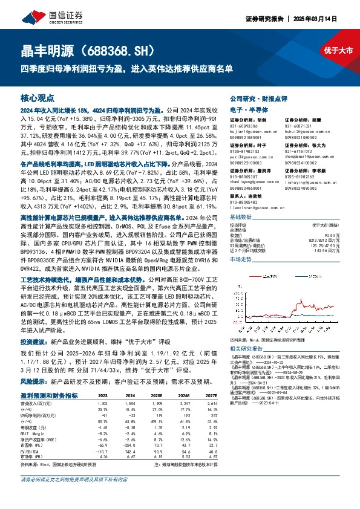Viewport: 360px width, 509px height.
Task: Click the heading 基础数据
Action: (x=241, y=216)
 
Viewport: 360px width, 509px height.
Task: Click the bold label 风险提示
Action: (x=34, y=381)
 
